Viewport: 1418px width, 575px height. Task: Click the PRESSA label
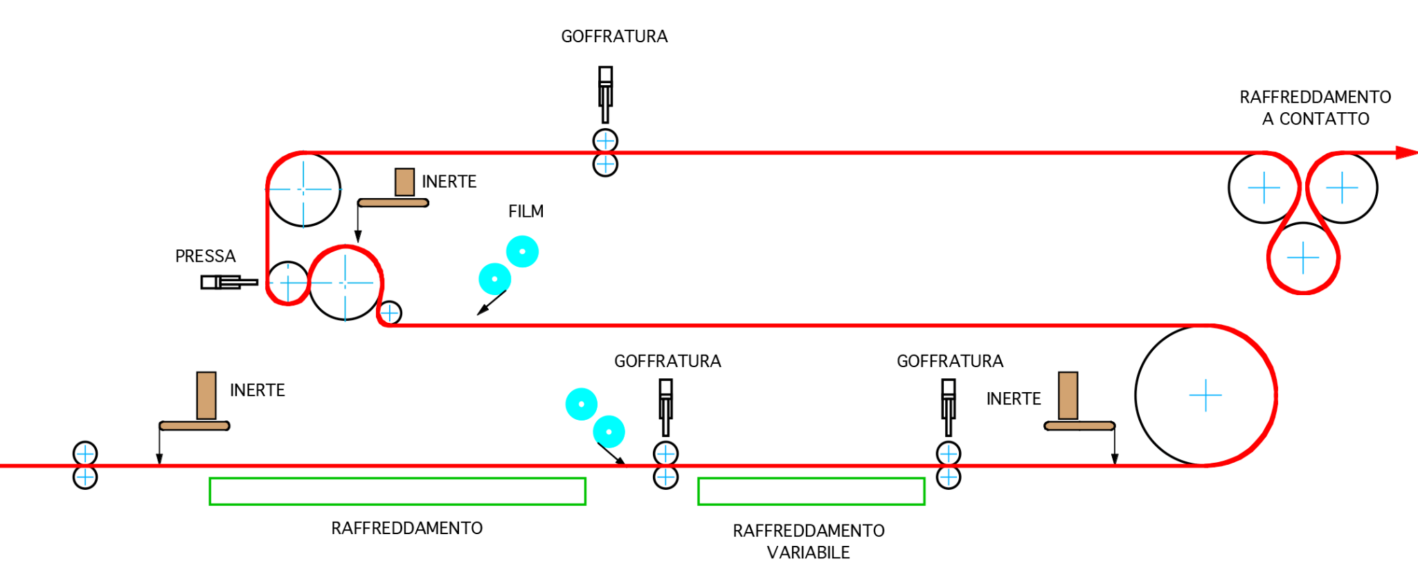pyautogui.click(x=205, y=256)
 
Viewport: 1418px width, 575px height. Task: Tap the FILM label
pyautogui.click(x=526, y=211)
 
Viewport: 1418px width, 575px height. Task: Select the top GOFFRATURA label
pyautogui.click(x=614, y=37)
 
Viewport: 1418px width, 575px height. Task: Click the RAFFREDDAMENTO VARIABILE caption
pyautogui.click(x=808, y=541)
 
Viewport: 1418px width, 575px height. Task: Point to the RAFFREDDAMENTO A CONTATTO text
pyautogui.click(x=1315, y=108)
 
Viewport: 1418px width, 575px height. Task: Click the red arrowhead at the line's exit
pyautogui.click(x=1406, y=152)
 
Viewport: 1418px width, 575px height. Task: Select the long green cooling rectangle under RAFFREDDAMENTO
pyautogui.click(x=397, y=491)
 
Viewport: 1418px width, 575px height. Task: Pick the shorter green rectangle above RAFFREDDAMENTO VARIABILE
pyautogui.click(x=811, y=491)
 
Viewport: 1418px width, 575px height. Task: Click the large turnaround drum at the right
pyautogui.click(x=1205, y=395)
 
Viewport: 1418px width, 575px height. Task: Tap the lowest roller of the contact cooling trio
pyautogui.click(x=1303, y=258)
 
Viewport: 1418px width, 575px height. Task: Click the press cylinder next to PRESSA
pyautogui.click(x=228, y=282)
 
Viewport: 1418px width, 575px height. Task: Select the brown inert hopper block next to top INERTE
pyautogui.click(x=404, y=182)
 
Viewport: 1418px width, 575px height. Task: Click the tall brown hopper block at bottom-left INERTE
pyautogui.click(x=206, y=396)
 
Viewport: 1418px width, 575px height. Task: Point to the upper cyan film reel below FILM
pyautogui.click(x=522, y=251)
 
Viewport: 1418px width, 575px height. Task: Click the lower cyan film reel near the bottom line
pyautogui.click(x=609, y=432)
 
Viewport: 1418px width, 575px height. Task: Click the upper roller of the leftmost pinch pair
pyautogui.click(x=85, y=454)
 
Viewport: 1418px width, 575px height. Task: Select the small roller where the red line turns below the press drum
pyautogui.click(x=390, y=313)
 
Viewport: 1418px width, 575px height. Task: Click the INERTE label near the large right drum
pyautogui.click(x=1013, y=399)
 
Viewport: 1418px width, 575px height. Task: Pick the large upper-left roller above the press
pyautogui.click(x=303, y=189)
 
